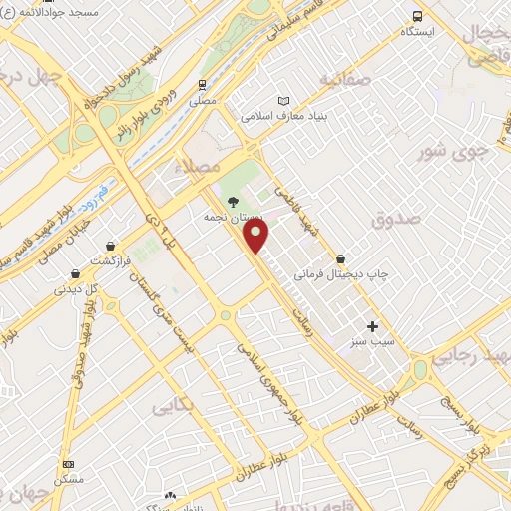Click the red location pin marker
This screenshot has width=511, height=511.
point(256,235)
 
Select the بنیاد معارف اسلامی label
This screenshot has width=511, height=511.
point(283,116)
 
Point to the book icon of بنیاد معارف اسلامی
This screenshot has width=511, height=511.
point(283,101)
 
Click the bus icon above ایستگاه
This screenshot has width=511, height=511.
point(417,16)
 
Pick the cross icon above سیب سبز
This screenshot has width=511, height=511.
point(372,326)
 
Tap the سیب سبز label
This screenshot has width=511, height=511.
point(372,342)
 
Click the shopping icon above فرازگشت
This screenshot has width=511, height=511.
point(109,246)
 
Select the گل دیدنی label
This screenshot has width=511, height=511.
point(77,289)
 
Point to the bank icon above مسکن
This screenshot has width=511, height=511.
point(68,465)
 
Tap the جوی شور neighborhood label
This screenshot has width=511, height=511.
point(446,150)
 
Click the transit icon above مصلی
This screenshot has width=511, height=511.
point(203,85)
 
